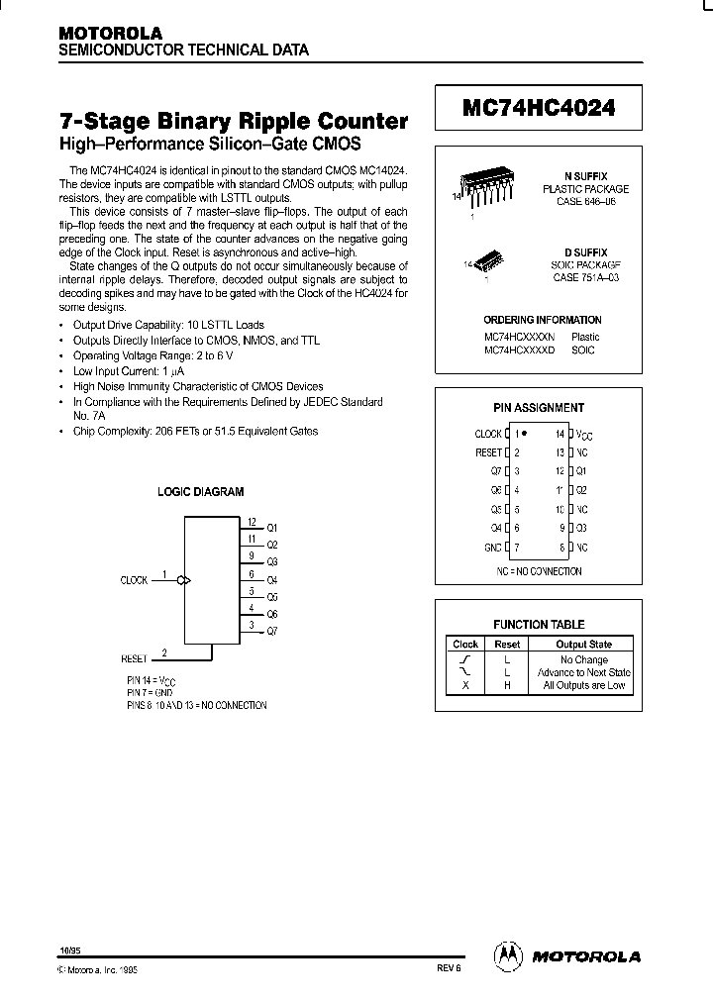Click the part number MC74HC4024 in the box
click(x=539, y=108)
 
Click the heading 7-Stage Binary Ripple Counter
click(x=235, y=122)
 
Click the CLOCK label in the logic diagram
click(x=134, y=580)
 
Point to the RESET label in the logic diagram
click(x=134, y=657)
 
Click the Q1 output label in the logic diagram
click(x=273, y=528)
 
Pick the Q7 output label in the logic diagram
click(x=273, y=631)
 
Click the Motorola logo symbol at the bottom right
click(x=506, y=954)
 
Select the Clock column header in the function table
click(x=465, y=644)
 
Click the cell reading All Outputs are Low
click(x=583, y=685)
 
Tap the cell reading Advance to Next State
click(x=583, y=672)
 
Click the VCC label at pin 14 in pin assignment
click(x=585, y=435)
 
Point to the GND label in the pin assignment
click(x=492, y=547)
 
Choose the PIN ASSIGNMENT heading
click(x=539, y=407)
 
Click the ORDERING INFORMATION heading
click(x=542, y=320)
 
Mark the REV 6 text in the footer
click(x=449, y=971)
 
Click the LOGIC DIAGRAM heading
click(x=201, y=491)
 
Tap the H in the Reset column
click(x=507, y=685)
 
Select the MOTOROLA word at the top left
click(x=109, y=33)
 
